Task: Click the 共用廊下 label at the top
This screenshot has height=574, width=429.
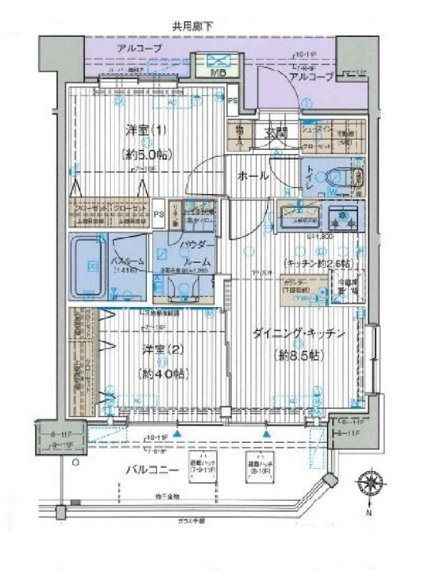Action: click(x=192, y=27)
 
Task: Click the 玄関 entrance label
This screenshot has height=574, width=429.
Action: click(x=276, y=132)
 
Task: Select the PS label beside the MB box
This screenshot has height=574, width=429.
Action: click(x=233, y=100)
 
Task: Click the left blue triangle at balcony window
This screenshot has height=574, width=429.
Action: click(x=180, y=432)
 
